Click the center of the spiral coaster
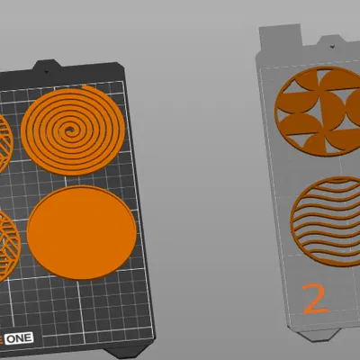pos(70,130)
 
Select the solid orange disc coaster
pos(82,232)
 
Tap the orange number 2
pos(314,299)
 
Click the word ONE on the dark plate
pos(19,338)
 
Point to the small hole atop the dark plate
pos(46,71)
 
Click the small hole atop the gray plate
pos(332,46)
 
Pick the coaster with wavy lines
pos(326,221)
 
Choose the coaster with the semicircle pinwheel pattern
pos(318,111)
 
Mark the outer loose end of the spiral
pos(85,86)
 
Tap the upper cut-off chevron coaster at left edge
pos(5,143)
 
